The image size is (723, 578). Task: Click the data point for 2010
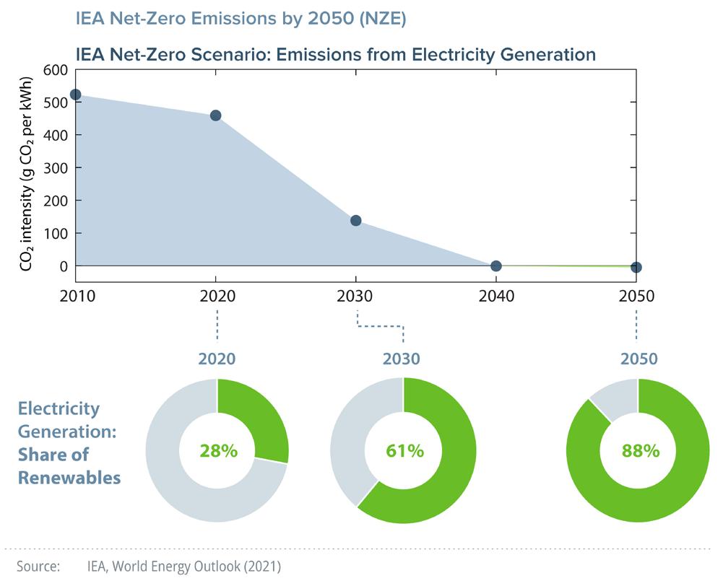75,95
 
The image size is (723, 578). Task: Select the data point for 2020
215,115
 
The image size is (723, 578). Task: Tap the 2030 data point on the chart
355,220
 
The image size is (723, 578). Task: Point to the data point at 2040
496,266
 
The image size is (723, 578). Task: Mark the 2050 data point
636,267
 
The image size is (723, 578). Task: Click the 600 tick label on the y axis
56,70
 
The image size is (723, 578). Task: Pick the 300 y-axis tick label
56,167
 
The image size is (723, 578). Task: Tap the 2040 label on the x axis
496,297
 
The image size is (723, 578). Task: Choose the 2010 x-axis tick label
75,297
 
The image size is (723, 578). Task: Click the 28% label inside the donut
217,451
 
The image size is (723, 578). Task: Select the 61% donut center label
404,451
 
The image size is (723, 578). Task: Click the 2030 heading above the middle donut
403,359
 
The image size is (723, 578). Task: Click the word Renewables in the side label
69,477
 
